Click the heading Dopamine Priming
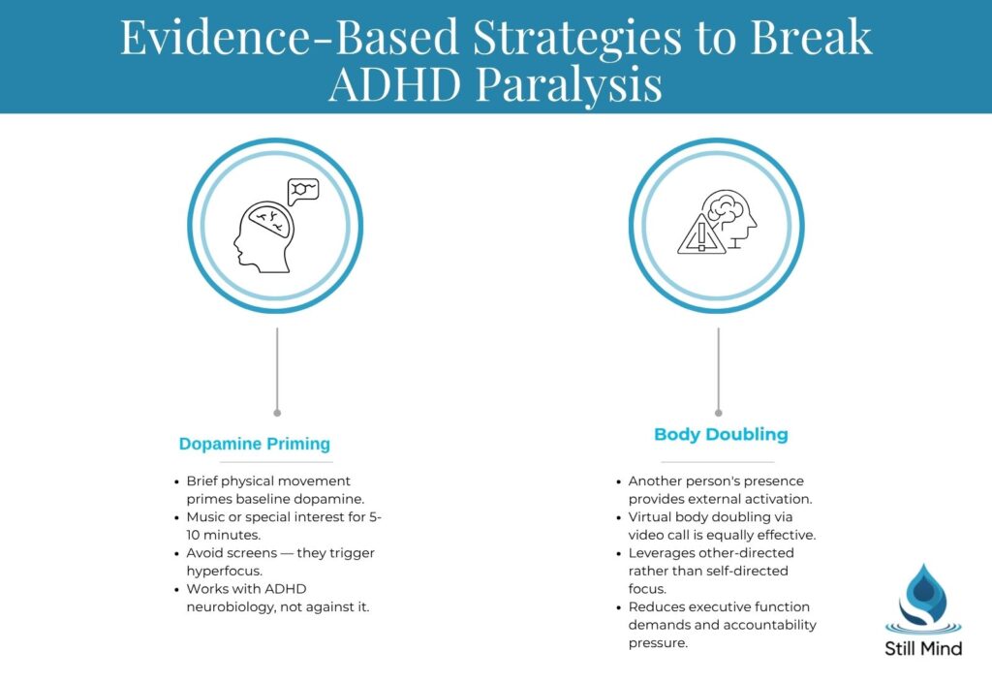point(255,444)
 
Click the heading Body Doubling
point(721,434)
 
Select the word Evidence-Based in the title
point(288,37)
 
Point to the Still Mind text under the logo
point(922,648)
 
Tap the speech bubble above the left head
point(302,191)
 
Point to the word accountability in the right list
point(765,625)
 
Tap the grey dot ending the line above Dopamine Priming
point(277,413)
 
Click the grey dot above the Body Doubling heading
point(718,413)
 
